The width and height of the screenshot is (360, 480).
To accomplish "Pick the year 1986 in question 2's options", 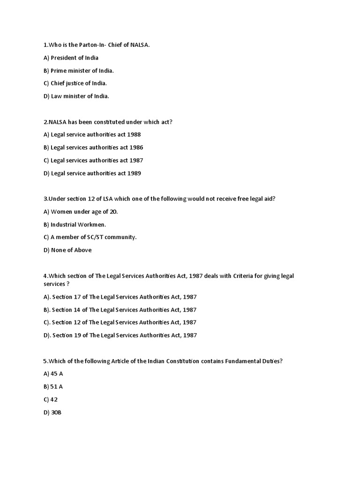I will (136, 147).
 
